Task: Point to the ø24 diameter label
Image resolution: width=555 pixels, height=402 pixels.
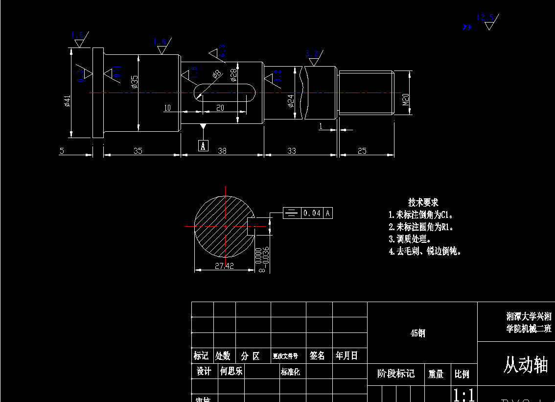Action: [x=291, y=101]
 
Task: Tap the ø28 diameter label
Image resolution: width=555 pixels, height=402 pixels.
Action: [x=233, y=74]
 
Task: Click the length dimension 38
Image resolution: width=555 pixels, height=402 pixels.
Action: [x=222, y=151]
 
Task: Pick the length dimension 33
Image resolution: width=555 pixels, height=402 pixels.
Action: [x=292, y=151]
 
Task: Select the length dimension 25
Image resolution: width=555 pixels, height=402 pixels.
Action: [x=362, y=151]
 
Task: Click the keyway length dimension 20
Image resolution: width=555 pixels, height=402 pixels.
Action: [x=220, y=108]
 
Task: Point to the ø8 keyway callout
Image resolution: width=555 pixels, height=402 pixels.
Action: [x=217, y=74]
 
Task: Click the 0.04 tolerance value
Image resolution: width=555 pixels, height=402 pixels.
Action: [x=312, y=213]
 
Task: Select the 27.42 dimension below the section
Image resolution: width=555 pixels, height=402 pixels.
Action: [x=224, y=266]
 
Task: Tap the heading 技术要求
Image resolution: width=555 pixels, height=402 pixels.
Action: [x=423, y=202]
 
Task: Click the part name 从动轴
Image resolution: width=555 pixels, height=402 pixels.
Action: [x=526, y=365]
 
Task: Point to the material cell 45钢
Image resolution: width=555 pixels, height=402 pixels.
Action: [x=417, y=333]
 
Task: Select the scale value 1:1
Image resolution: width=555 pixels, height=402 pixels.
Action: [x=463, y=395]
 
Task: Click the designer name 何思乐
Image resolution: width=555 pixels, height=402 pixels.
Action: [x=231, y=371]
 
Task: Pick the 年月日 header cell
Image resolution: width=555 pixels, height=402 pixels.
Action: [x=347, y=356]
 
